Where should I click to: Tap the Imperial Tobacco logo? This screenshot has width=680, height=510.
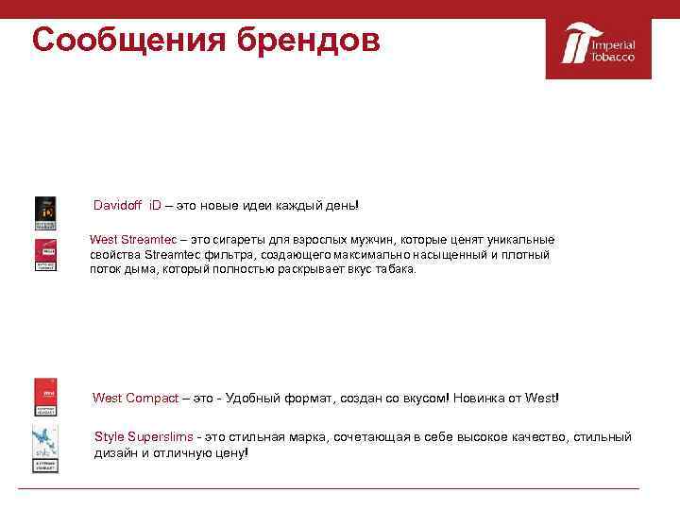coord(599,46)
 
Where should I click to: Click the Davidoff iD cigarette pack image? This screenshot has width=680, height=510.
coord(44,213)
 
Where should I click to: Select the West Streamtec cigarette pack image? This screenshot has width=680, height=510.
coord(44,256)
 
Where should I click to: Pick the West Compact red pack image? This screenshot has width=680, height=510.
coord(44,398)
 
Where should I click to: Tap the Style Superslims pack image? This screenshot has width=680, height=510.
coord(44,450)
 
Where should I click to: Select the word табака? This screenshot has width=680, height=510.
coord(395,269)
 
